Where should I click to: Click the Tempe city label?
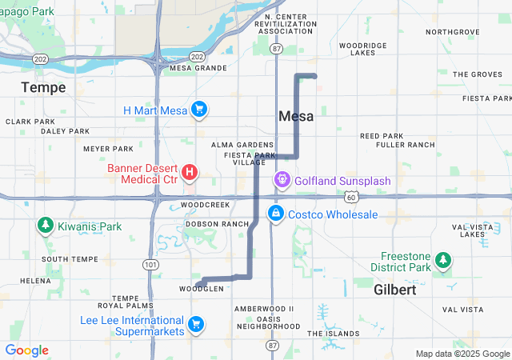point(43,86)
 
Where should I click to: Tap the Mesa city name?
point(296,116)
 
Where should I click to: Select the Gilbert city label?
point(394,290)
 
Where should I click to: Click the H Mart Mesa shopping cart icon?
point(200,110)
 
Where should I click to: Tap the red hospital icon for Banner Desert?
point(190,172)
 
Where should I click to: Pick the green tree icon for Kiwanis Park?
point(45,226)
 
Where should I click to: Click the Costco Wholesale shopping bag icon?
point(275,214)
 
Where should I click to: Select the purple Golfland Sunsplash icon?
point(282,181)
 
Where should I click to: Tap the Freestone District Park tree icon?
point(442,260)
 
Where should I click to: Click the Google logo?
point(26,350)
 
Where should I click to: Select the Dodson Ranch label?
point(217,224)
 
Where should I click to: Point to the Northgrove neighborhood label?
point(452,32)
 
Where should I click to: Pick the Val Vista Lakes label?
point(473,230)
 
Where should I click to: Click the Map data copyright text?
point(462,354)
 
